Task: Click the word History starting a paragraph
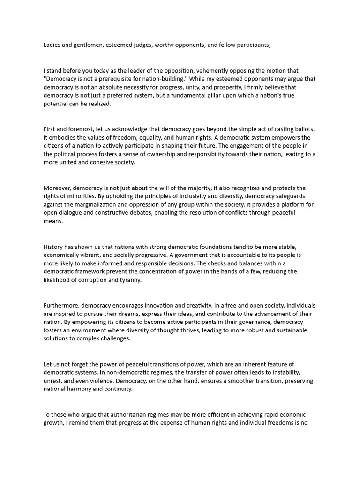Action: (55, 247)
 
